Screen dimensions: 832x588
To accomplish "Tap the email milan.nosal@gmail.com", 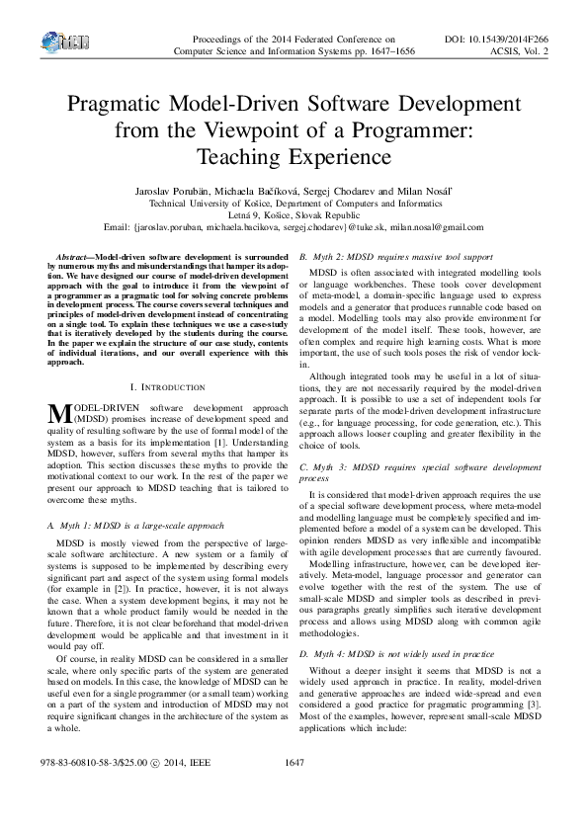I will coord(435,226).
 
